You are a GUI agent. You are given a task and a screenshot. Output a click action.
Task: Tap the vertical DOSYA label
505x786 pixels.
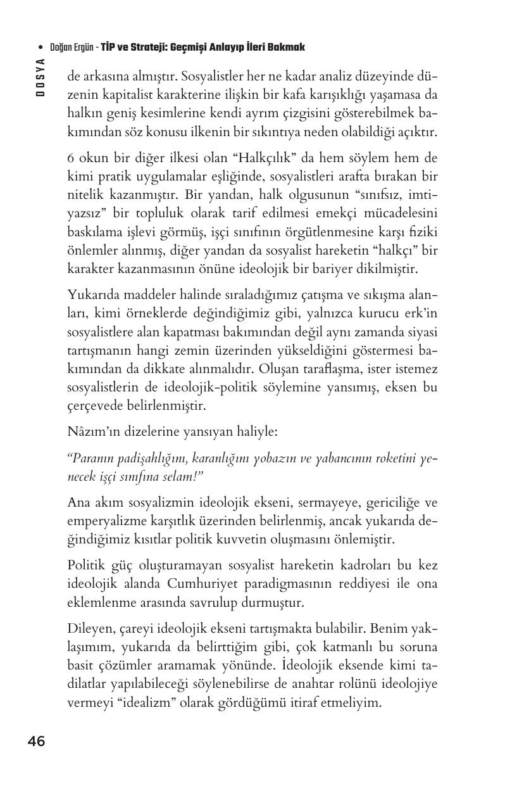point(40,77)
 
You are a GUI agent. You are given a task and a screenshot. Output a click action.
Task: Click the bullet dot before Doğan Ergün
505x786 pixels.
point(41,48)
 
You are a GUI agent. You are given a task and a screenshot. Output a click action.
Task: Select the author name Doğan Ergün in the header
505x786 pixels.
point(72,48)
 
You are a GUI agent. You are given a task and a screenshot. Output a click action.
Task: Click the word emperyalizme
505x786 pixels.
point(101,521)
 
